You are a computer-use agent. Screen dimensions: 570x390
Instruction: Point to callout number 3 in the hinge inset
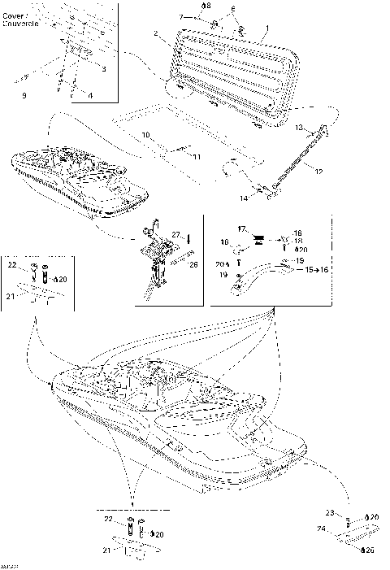(103, 70)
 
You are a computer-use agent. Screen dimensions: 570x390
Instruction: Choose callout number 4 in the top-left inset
(90, 96)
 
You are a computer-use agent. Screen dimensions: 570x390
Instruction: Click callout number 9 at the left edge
(24, 96)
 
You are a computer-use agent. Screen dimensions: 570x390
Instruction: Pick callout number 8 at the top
(206, 6)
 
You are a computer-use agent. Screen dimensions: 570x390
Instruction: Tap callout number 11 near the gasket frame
(196, 154)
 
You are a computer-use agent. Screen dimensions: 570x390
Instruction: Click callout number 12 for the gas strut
(318, 171)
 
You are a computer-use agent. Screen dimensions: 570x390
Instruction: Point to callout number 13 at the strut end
(298, 128)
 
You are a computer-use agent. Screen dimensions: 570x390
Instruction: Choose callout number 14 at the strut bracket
(242, 198)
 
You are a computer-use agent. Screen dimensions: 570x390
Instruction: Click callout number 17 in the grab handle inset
(240, 230)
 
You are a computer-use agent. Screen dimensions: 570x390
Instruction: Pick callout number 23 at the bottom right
(329, 512)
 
